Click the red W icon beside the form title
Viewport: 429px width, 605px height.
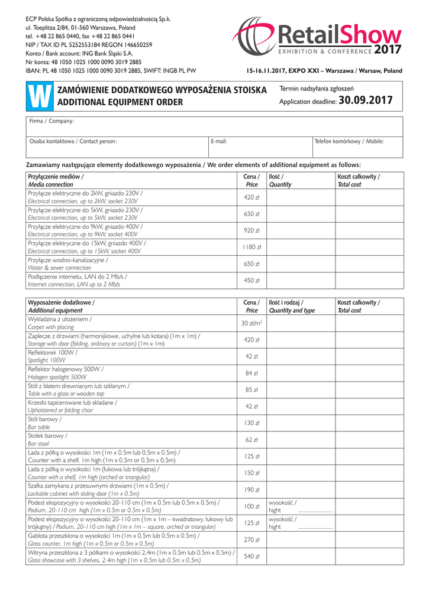(x=40, y=95)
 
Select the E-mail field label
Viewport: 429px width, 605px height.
(x=219, y=141)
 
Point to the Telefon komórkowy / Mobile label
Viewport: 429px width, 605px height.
(x=349, y=141)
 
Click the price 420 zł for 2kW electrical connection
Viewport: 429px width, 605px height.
(x=252, y=197)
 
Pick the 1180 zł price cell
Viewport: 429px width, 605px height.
(x=252, y=247)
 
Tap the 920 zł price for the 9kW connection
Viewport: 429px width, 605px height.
(x=252, y=230)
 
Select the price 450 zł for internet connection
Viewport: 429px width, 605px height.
(x=252, y=281)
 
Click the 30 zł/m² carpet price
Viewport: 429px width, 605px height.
(x=252, y=323)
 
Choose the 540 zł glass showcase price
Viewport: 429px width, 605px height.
(x=252, y=556)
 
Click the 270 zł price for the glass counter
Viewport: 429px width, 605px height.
(x=252, y=539)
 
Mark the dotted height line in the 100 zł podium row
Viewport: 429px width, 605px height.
(x=316, y=510)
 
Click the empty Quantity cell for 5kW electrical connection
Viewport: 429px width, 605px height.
(x=301, y=214)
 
